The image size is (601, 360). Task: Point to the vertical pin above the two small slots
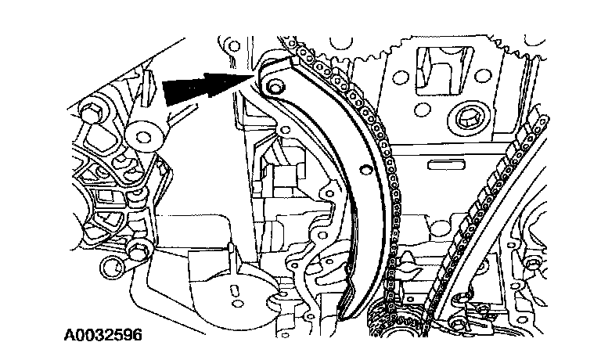(x=233, y=258)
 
